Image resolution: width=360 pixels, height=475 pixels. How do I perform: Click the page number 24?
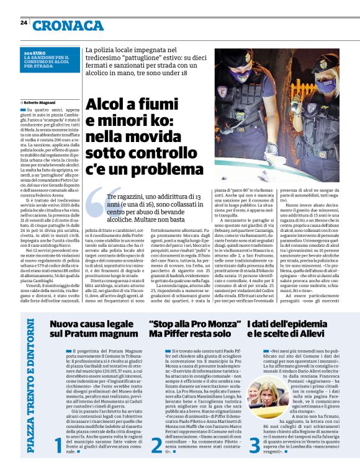(24, 22)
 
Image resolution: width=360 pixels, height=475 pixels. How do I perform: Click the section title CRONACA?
(69, 25)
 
